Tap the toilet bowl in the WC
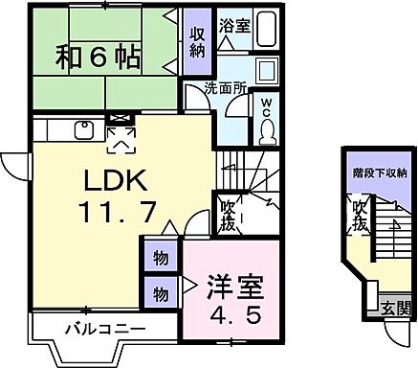[x=268, y=127]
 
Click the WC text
[x=267, y=106]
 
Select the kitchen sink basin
[x=82, y=127]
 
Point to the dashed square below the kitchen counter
[x=121, y=142]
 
